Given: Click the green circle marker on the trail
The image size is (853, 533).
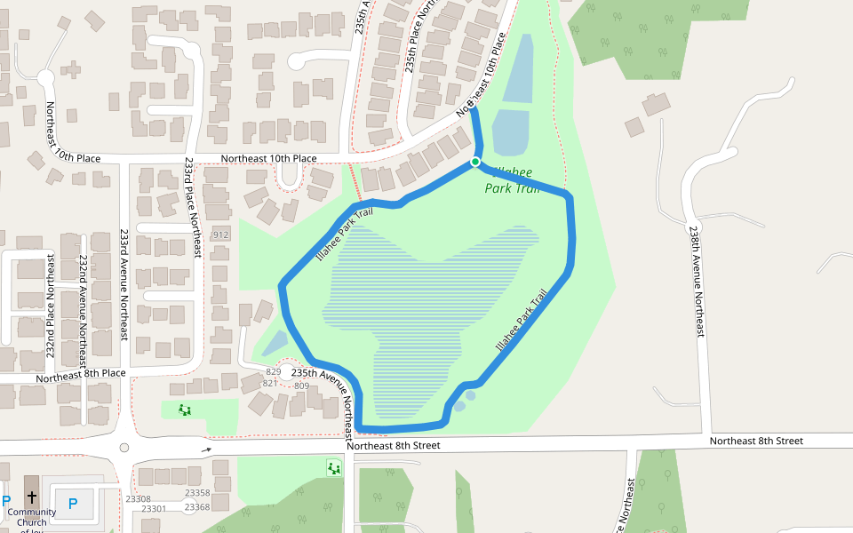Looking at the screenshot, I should click(x=475, y=162).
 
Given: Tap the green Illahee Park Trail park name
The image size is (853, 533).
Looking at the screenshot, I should click(x=514, y=179).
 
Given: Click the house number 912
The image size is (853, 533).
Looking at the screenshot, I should click(x=220, y=235).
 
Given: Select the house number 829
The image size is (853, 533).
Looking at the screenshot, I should click(x=274, y=372).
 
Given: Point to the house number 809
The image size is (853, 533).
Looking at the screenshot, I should click(x=301, y=386).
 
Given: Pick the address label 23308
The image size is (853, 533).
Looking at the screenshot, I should click(x=138, y=499).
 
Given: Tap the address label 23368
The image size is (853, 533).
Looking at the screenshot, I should click(x=197, y=507).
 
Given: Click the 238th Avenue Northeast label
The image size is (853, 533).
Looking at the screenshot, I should click(x=695, y=280).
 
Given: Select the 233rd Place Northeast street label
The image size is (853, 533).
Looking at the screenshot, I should click(x=189, y=208).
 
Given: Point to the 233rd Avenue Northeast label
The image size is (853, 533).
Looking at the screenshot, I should click(x=124, y=284).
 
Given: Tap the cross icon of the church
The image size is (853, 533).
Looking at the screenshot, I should click(x=32, y=497).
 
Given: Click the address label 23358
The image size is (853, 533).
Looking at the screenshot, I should click(x=197, y=493).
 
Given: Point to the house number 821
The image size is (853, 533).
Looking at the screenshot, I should click(x=270, y=384).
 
